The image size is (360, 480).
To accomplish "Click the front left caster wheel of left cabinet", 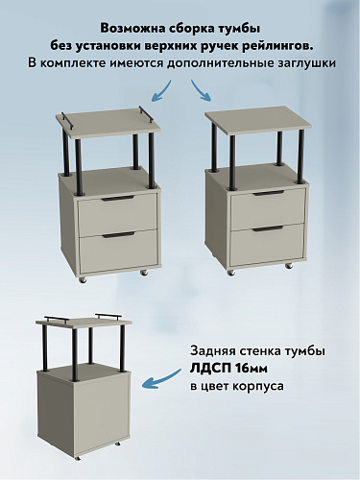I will pos(84,279).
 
